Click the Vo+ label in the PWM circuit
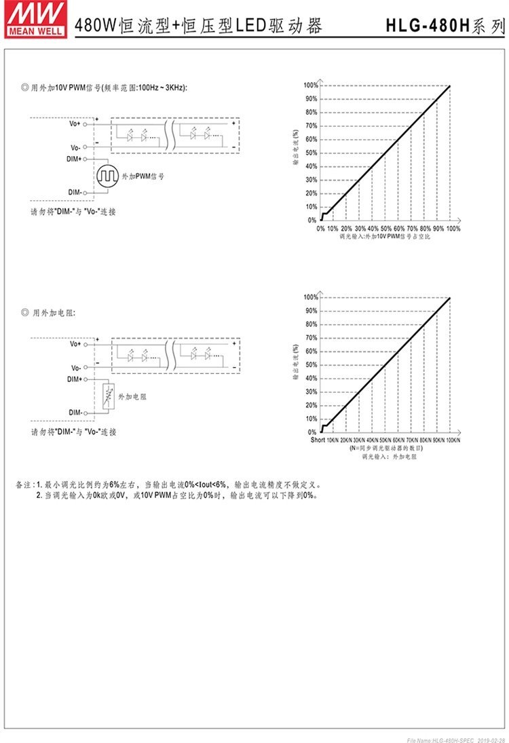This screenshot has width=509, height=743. pyautogui.click(x=74, y=124)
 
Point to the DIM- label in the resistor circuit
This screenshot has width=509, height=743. pyautogui.click(x=75, y=413)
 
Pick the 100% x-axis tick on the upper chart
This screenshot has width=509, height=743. pyautogui.click(x=453, y=229)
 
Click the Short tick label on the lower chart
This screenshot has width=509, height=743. pyautogui.click(x=318, y=441)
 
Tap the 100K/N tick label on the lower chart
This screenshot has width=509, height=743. pyautogui.click(x=452, y=441)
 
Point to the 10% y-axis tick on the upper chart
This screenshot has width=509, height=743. pyautogui.click(x=312, y=207)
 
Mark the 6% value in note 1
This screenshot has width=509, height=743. pyautogui.click(x=114, y=485)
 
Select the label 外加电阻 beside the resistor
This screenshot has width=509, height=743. pyautogui.click(x=132, y=395)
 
